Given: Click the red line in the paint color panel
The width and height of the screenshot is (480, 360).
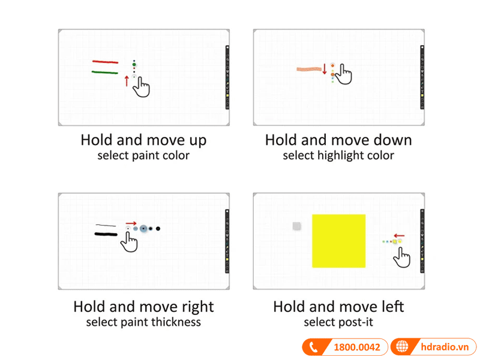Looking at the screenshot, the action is (x=106, y=62).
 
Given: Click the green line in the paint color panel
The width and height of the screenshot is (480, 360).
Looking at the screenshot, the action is (x=104, y=73).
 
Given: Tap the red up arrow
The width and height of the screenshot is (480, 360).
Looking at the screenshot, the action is (x=127, y=81).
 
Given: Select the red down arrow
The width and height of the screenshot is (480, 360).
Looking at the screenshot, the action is (x=325, y=69).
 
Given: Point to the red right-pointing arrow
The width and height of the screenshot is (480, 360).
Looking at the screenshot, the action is (x=131, y=223).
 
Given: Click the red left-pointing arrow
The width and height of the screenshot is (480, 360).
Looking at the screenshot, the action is (x=399, y=236).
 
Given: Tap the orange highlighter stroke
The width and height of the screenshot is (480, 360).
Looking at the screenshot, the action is (x=309, y=69).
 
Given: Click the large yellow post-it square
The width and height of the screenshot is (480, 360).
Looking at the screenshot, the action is (x=338, y=241).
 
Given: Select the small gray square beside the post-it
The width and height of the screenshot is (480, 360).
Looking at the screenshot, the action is (x=296, y=226).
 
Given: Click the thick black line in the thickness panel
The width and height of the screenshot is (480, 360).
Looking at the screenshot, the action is (x=106, y=235).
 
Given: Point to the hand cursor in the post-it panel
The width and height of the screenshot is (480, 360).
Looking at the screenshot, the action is (x=402, y=257).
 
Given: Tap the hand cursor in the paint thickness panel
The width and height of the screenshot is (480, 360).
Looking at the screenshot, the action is (x=129, y=242).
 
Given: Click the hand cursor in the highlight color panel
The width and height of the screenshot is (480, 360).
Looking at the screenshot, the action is (x=343, y=74).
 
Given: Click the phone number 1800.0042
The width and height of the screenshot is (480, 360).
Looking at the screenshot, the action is (x=357, y=347).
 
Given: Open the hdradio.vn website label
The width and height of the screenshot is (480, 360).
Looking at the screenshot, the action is (x=445, y=347).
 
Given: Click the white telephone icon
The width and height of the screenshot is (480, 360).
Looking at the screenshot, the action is (x=313, y=347).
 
